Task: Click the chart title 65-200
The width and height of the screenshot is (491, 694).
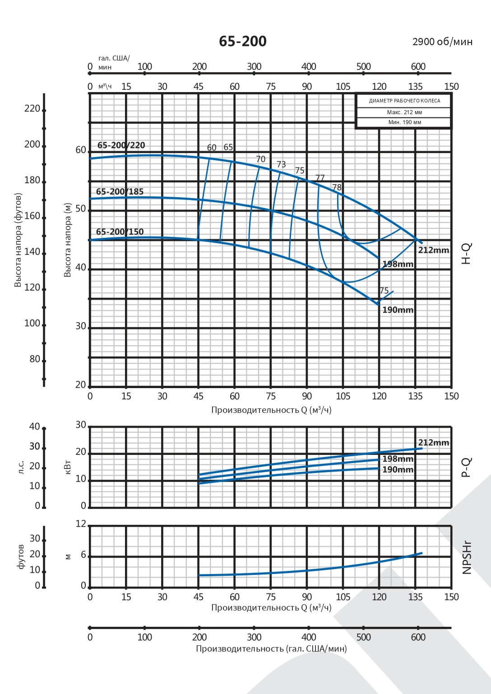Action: click(243, 42)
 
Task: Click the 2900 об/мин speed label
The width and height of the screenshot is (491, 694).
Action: click(442, 42)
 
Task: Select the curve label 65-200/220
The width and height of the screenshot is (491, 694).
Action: click(121, 145)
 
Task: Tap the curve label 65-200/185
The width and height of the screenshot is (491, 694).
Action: click(120, 192)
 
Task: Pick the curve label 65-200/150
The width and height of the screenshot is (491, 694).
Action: click(120, 232)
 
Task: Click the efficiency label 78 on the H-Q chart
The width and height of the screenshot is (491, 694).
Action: click(337, 187)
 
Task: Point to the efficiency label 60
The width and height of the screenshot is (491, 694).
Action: click(212, 148)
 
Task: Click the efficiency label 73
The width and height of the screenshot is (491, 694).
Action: click(281, 164)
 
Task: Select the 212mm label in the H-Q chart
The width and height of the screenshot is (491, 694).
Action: click(433, 250)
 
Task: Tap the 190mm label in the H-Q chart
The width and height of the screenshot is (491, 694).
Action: click(398, 310)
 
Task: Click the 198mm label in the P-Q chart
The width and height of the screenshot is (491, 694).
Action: click(398, 459)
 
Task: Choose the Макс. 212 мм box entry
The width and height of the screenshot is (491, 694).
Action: click(404, 112)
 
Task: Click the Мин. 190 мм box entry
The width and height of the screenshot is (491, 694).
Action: click(404, 122)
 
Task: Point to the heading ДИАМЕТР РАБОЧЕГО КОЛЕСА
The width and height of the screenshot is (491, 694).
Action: click(404, 101)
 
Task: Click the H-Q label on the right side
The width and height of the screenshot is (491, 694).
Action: click(467, 253)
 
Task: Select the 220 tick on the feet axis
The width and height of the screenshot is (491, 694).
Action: click(32, 109)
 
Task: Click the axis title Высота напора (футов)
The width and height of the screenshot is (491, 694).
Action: click(18, 240)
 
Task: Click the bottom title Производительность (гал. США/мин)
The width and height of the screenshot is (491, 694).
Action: click(271, 649)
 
